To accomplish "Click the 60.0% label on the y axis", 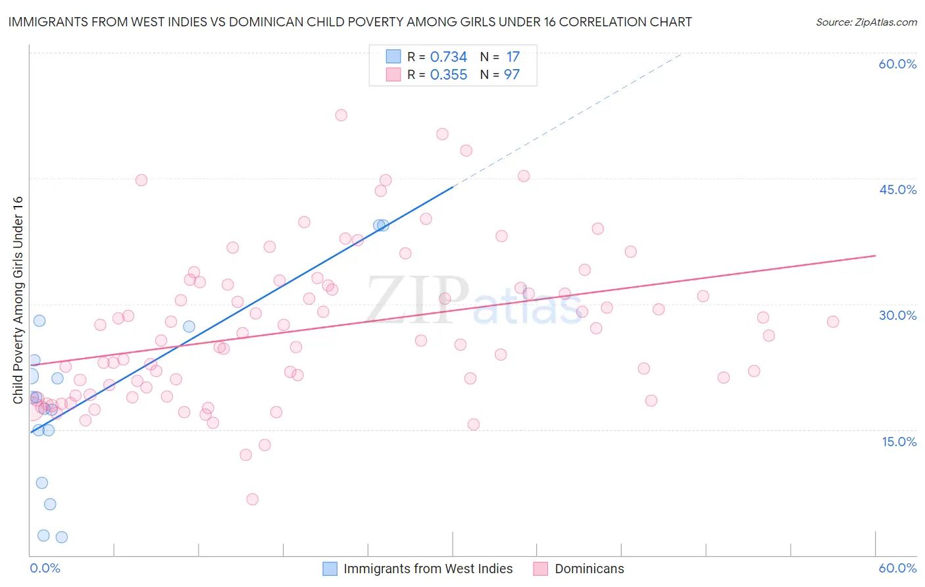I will click(x=897, y=64).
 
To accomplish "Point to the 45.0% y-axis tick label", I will click(x=897, y=190).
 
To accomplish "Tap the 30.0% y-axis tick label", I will click(x=897, y=315).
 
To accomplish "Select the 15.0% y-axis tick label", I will click(x=899, y=442).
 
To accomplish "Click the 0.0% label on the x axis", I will click(x=45, y=568).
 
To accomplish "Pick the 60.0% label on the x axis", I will click(x=897, y=568).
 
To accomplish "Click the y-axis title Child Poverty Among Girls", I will click(x=18, y=299).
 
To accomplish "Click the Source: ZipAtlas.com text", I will click(x=866, y=22).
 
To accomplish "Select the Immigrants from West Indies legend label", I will click(x=428, y=569).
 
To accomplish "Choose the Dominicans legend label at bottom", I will click(x=589, y=569).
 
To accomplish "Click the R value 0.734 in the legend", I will click(x=448, y=57).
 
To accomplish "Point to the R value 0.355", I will click(x=448, y=75).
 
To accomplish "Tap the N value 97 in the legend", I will click(x=512, y=75).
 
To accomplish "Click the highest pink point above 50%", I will click(x=341, y=115).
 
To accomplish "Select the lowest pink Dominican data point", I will click(x=252, y=499).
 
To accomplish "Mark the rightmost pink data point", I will click(x=833, y=322).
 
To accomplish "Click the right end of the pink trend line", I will click(x=875, y=255).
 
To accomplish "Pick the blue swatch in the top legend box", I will click(x=393, y=57).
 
